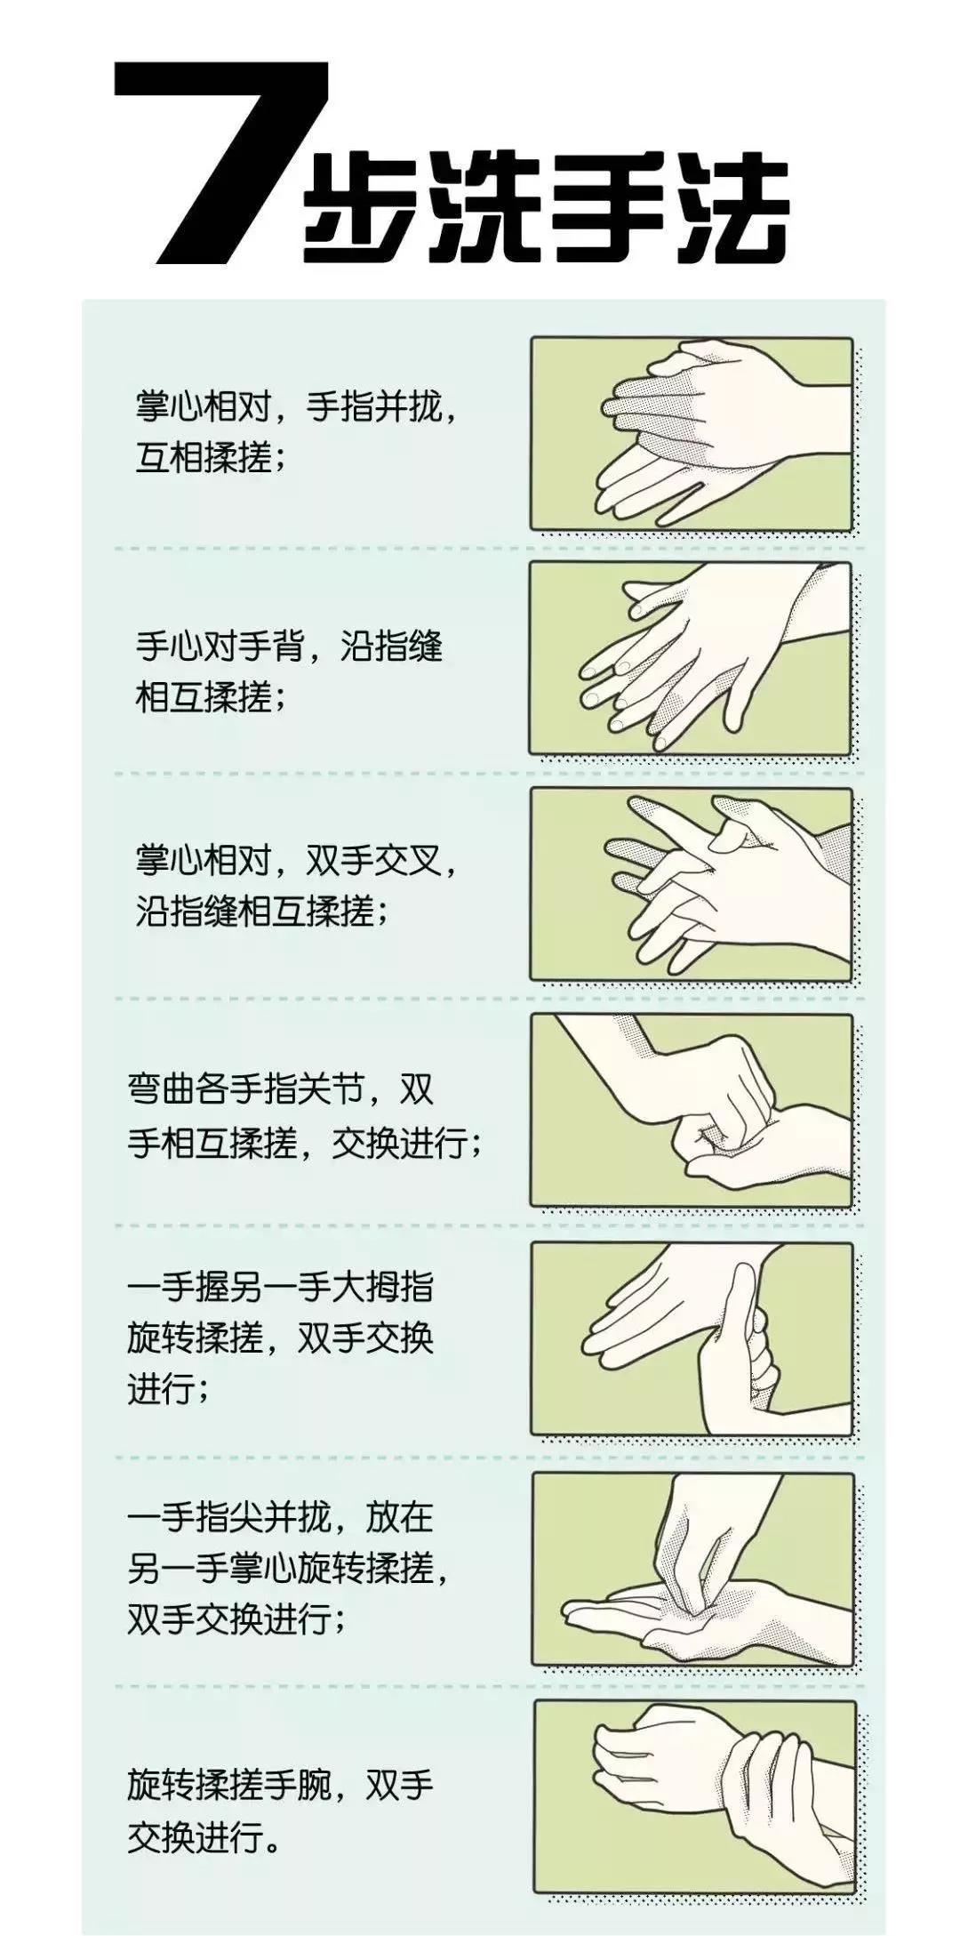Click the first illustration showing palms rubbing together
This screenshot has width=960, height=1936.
click(692, 434)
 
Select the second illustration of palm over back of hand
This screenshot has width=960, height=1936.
click(692, 659)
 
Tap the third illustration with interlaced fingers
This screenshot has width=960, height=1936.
click(692, 885)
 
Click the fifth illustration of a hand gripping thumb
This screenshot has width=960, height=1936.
click(692, 1338)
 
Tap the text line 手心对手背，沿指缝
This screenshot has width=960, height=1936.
click(289, 647)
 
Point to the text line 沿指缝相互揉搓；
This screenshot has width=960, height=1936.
click(262, 911)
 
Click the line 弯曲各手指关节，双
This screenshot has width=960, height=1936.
click(281, 1089)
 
